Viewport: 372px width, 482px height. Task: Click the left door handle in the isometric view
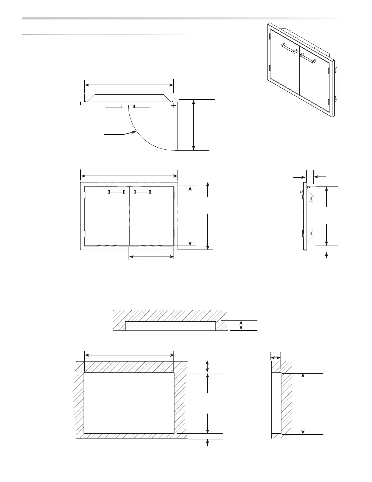point(289,48)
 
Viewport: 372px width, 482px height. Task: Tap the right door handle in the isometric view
point(308,58)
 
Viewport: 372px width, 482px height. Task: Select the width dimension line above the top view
point(129,85)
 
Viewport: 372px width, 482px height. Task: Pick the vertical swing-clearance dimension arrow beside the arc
point(194,125)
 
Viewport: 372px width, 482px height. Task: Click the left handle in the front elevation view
point(116,192)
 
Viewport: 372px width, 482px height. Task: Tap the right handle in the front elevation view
point(142,192)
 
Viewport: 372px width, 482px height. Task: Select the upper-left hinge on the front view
point(85,195)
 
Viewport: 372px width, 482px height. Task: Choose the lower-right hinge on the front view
point(174,234)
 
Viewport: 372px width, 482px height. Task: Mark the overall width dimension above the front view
point(129,176)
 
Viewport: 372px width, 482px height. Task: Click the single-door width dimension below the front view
point(151,257)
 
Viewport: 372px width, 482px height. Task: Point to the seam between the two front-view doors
point(129,216)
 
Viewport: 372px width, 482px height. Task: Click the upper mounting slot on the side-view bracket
point(311,199)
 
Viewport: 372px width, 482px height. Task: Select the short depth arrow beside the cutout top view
point(241,325)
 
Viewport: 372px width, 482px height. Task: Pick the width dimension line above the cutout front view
point(129,355)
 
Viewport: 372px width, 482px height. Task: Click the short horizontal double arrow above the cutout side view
point(276,358)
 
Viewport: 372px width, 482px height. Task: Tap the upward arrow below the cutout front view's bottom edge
point(207,443)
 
